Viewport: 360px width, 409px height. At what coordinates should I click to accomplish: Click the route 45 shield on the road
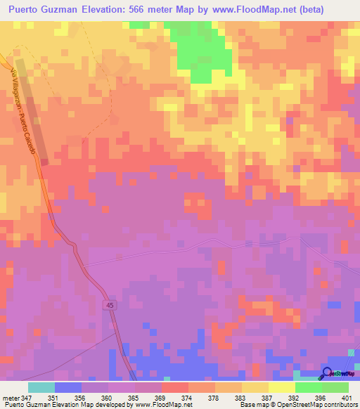pyautogui.click(x=110, y=304)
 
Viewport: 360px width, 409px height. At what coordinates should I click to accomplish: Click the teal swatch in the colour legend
pyautogui.click(x=41, y=387)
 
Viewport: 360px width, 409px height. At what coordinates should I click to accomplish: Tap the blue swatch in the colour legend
pyautogui.click(x=68, y=387)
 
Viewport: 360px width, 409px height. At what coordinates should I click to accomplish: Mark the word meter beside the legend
pyautogui.click(x=10, y=398)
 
